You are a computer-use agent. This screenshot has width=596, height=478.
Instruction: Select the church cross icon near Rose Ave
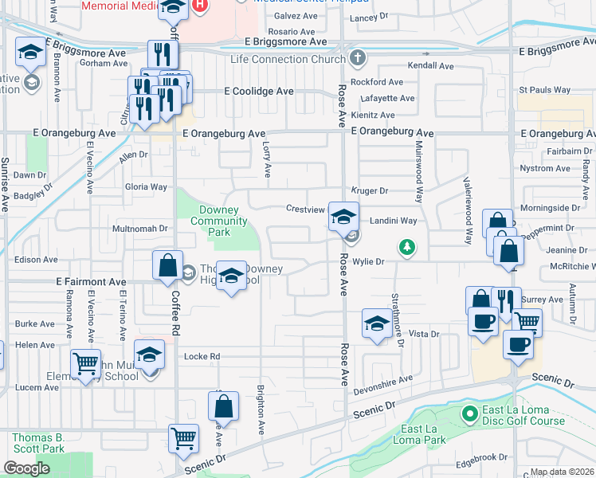point(358,58)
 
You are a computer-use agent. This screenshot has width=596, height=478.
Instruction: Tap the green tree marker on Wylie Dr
point(407,247)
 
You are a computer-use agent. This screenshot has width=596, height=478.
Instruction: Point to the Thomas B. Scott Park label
point(37,443)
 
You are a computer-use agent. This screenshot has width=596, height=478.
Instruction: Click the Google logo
point(26,468)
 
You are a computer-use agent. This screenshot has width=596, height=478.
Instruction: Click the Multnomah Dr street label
point(139,228)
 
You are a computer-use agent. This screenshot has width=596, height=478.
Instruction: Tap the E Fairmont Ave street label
point(91,281)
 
